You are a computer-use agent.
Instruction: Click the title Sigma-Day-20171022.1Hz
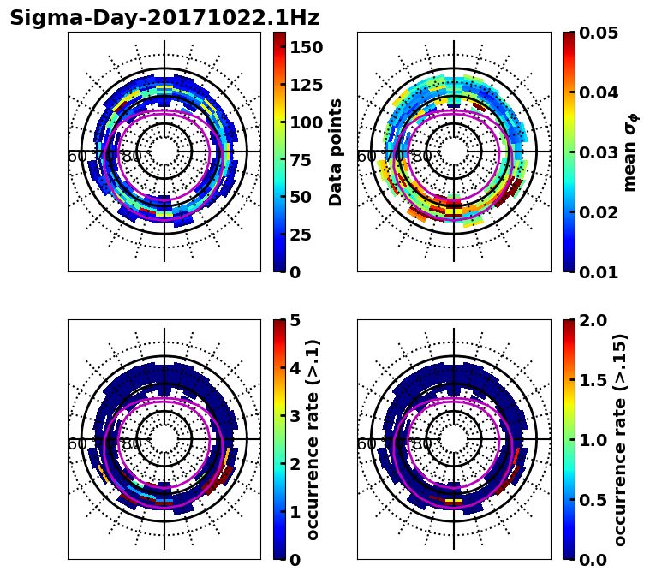tap(164, 18)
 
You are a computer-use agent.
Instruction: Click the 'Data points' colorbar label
tap(336, 152)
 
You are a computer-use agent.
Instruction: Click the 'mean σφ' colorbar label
tap(629, 152)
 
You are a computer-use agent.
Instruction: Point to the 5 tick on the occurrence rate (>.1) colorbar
tap(295, 320)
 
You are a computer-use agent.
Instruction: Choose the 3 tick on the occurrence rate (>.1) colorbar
tap(295, 416)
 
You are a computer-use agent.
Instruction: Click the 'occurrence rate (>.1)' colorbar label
tap(313, 439)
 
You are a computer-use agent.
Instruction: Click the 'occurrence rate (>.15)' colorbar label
tap(620, 439)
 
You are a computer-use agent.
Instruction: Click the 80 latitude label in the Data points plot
tap(132, 157)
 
